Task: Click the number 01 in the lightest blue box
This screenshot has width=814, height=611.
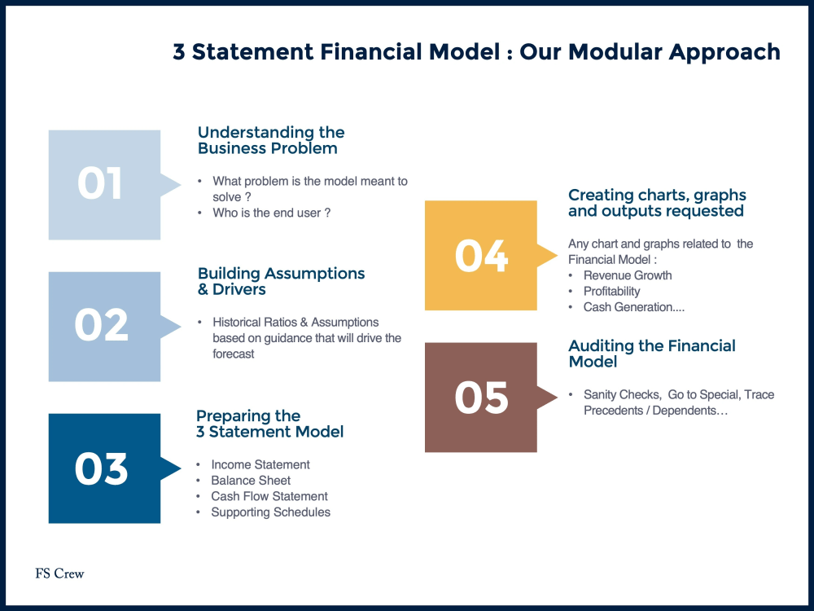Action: click(100, 184)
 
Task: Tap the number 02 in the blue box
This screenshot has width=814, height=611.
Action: click(102, 325)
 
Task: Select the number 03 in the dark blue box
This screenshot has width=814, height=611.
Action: click(102, 469)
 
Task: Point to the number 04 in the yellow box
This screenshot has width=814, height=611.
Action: click(481, 256)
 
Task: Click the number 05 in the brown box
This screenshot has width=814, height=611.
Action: click(481, 398)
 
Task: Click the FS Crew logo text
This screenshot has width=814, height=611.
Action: click(59, 574)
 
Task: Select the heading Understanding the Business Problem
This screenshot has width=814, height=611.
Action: click(270, 140)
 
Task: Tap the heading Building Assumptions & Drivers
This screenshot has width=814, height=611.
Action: click(281, 281)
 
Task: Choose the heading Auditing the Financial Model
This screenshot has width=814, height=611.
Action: click(651, 354)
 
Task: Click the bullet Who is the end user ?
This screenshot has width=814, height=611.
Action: click(271, 213)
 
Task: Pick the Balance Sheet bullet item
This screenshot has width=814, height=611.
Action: click(251, 481)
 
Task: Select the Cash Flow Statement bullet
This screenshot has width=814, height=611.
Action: click(269, 496)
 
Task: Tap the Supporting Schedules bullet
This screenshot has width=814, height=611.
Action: click(270, 512)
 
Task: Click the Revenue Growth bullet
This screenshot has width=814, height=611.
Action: click(628, 275)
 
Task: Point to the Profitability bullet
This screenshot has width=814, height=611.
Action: click(611, 291)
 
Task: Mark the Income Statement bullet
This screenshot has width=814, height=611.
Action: click(260, 464)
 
